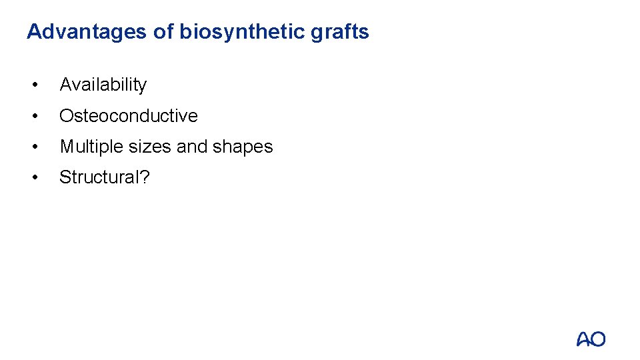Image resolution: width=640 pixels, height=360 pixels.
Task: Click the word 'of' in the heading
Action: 163,32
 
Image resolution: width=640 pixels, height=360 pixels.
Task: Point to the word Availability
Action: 103,85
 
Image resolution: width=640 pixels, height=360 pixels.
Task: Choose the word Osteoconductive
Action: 129,115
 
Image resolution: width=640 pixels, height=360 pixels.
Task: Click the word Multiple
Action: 89,147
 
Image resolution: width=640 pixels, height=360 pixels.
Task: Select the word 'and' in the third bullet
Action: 193,147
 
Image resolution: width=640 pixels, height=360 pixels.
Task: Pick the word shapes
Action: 243,147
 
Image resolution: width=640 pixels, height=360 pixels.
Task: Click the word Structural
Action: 99,177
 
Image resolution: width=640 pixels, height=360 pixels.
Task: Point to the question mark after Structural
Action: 145,177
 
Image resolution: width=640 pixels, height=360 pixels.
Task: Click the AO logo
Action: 591,339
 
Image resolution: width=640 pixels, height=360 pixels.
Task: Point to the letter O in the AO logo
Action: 598,339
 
